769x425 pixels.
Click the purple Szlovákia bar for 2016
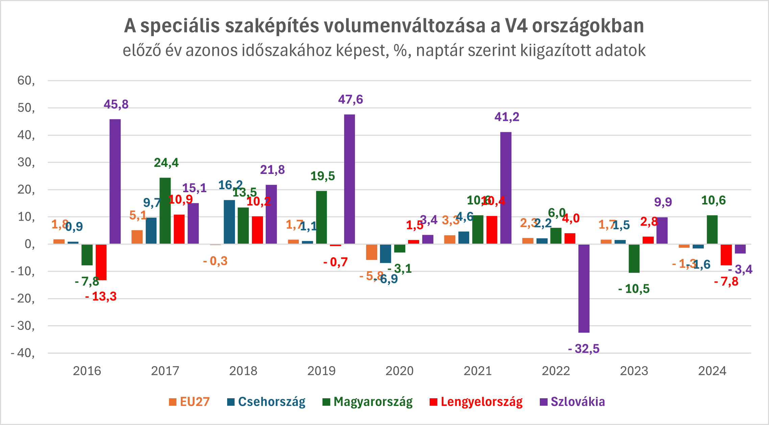(115, 181)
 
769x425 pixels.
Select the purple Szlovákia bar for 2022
(584, 288)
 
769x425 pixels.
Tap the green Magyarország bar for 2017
(165, 210)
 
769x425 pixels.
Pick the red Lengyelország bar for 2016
(101, 262)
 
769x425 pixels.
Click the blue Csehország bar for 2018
(229, 222)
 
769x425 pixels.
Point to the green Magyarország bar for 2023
(634, 258)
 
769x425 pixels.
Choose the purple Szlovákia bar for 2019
(350, 179)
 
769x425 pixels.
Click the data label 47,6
(351, 99)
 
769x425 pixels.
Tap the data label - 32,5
(584, 349)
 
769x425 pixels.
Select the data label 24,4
(166, 163)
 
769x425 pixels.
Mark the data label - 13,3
(101, 296)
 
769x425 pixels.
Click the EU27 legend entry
(189, 402)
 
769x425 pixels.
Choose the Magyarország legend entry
(368, 402)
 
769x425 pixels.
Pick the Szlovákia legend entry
(573, 402)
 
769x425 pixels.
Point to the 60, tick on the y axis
(26, 81)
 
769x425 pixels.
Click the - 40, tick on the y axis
(23, 353)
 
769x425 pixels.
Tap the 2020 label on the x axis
(400, 371)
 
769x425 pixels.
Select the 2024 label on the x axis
(712, 371)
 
